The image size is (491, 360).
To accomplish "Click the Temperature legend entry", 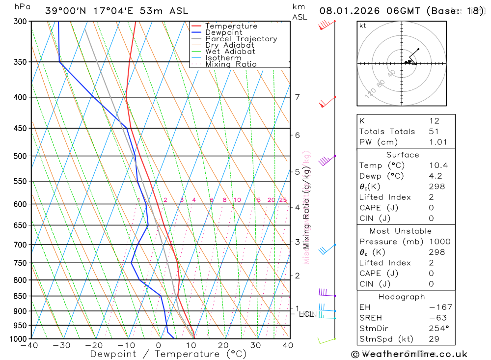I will click(x=231, y=26).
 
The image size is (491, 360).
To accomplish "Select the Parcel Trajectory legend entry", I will click(x=241, y=39).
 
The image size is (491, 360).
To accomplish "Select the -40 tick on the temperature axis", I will click(x=29, y=345).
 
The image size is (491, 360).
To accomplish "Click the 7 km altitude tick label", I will click(x=297, y=97).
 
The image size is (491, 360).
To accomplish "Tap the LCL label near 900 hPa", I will click(x=306, y=314).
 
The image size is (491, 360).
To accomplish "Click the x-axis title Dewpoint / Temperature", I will click(x=168, y=354).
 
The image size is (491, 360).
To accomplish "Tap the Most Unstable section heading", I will click(x=401, y=231).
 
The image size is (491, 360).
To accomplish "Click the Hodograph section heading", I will click(x=401, y=297).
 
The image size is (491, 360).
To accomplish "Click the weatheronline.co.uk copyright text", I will click(x=409, y=354).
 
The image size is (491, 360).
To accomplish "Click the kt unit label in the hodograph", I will click(x=363, y=26).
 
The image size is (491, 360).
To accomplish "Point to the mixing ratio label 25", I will click(x=283, y=200).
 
